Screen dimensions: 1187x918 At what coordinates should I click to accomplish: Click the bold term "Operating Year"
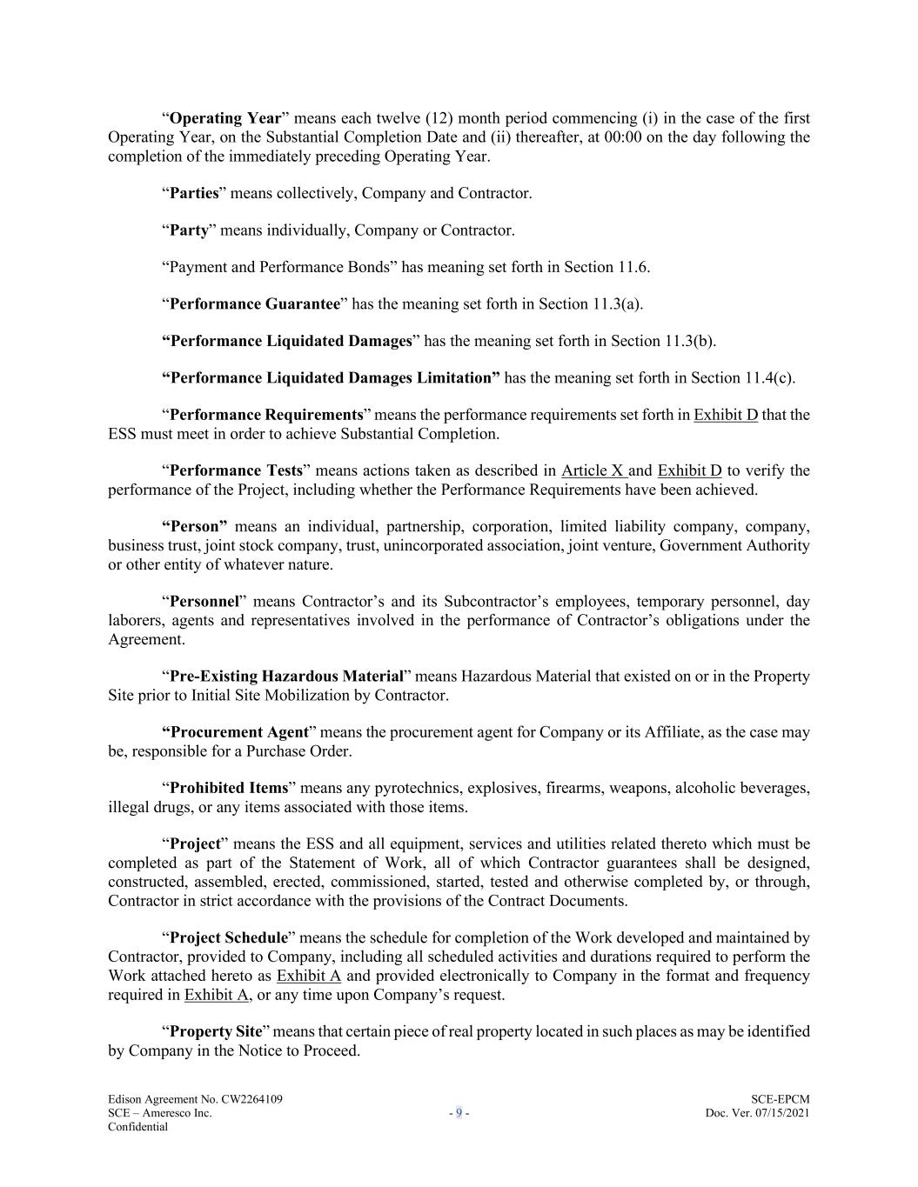(225, 118)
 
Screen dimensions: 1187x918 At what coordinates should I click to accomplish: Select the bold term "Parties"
(193, 193)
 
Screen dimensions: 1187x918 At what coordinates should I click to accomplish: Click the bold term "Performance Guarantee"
(254, 303)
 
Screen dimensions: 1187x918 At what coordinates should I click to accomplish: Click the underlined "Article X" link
(593, 470)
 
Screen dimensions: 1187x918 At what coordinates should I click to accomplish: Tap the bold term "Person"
(198, 526)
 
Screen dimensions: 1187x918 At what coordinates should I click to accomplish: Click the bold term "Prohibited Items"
(228, 788)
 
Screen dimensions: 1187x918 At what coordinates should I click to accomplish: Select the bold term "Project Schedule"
(228, 937)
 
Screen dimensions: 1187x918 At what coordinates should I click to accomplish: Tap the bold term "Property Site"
(215, 1031)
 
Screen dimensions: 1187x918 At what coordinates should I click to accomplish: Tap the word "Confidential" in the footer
(137, 1127)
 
